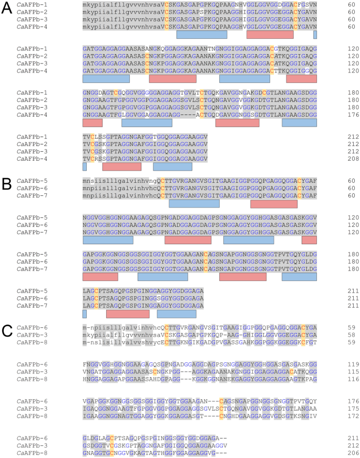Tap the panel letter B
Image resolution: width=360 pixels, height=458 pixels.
[7, 184]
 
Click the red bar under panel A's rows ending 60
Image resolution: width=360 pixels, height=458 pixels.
[270, 34]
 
